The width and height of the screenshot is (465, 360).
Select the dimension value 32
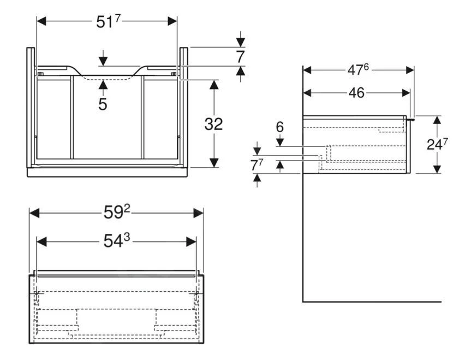pyautogui.click(x=213, y=125)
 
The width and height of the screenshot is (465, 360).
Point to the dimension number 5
pyautogui.click(x=103, y=104)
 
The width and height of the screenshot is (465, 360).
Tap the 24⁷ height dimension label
pyautogui.click(x=438, y=145)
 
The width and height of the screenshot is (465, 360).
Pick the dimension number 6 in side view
pyautogui.click(x=280, y=127)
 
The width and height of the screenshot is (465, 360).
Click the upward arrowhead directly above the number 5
pyautogui.click(x=103, y=81)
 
